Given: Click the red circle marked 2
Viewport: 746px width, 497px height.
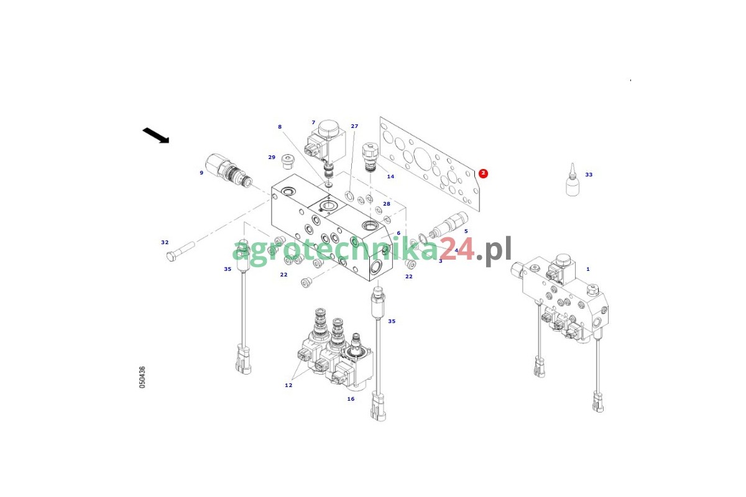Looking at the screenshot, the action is (483, 173).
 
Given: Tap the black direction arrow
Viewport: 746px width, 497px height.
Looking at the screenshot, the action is (156, 135).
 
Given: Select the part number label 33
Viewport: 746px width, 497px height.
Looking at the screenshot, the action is (589, 175).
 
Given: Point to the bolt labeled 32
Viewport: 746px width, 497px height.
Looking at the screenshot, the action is (180, 252).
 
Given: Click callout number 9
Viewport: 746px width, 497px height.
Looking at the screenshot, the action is (201, 173).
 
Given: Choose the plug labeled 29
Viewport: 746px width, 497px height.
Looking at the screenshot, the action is (287, 161).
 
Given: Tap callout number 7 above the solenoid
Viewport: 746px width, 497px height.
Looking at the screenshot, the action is (313, 122).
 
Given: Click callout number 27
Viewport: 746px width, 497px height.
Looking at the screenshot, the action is (354, 126).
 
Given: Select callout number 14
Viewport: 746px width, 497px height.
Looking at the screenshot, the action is (390, 176).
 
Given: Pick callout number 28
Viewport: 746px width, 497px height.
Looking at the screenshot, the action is (386, 204).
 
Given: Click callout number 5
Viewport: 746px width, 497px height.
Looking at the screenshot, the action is (466, 231).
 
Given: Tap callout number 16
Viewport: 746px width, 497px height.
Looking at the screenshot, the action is (351, 399).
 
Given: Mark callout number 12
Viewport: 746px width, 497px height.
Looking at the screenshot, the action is (288, 385).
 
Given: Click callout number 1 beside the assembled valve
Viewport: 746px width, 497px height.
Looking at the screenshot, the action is (588, 269).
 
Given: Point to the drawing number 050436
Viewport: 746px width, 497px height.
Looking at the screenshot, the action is (142, 377).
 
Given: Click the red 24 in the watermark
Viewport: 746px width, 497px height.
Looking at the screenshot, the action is (456, 250).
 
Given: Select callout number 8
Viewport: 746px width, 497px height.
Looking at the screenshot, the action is (280, 127).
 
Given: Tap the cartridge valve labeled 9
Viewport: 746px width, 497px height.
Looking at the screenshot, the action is (229, 170).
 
